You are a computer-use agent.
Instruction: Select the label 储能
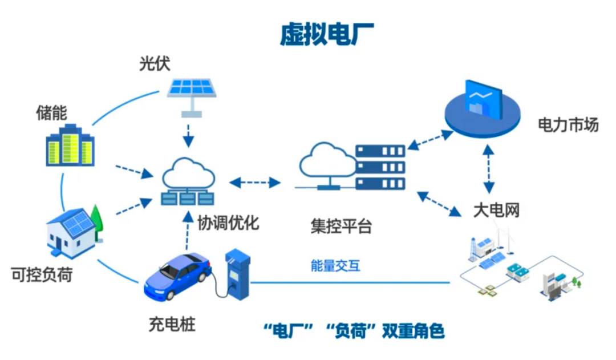(51, 113)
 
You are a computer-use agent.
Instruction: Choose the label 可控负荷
(42, 275)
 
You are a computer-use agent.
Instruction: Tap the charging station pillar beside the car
(237, 273)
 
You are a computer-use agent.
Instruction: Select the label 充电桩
(172, 325)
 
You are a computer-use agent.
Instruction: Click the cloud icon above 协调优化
(188, 171)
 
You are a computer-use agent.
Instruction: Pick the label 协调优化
(228, 222)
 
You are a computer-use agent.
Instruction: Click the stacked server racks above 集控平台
(380, 167)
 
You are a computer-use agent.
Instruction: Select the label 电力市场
(568, 125)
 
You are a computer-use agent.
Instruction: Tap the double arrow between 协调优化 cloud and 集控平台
(255, 183)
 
